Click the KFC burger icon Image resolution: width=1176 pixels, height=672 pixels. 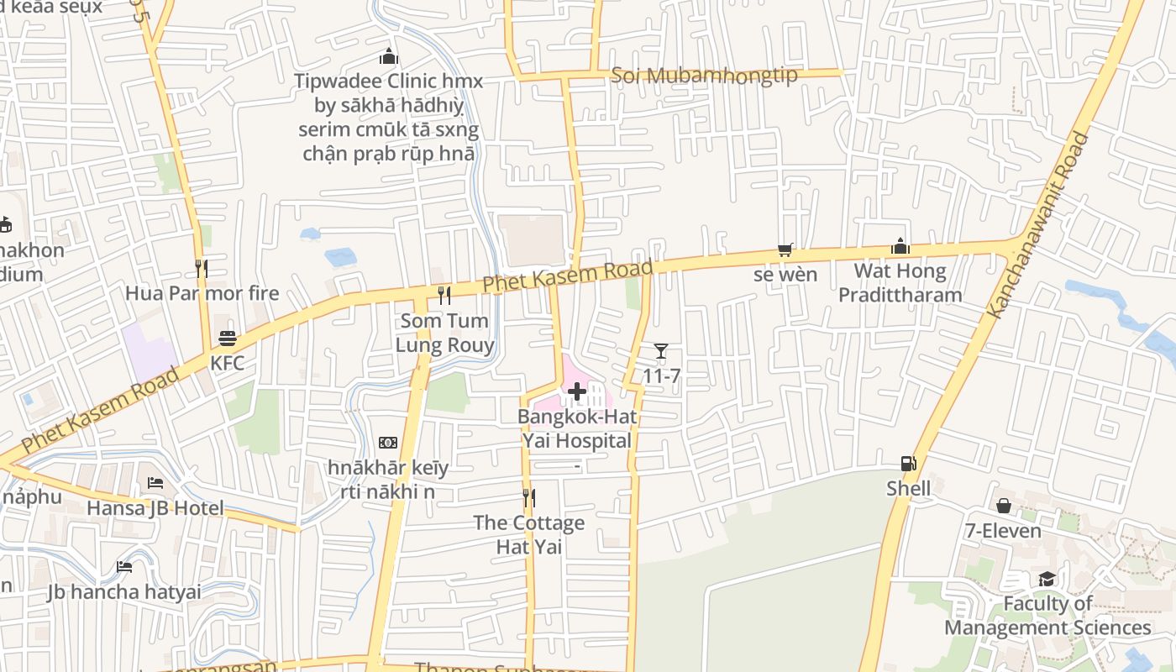point(228,339)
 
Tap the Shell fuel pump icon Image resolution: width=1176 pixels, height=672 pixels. point(908,464)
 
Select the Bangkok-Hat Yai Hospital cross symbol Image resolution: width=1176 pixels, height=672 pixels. point(577,391)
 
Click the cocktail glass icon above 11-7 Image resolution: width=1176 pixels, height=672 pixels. point(661,351)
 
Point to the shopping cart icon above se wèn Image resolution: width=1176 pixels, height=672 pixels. point(785,249)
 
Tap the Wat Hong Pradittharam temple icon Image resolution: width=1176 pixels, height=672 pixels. point(900,246)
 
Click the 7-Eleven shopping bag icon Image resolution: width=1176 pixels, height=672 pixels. point(1003,506)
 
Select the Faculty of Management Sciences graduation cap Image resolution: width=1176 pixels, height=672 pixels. point(1047,579)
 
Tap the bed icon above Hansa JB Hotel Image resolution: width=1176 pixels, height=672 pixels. point(155,483)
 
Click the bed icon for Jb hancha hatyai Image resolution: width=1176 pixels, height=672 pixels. point(124,567)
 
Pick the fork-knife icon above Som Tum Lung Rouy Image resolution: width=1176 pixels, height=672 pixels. point(444,295)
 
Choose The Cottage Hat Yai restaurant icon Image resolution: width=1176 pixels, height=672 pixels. point(528,498)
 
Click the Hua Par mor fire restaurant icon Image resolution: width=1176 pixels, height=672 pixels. point(202,268)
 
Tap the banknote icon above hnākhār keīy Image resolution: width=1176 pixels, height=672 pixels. point(388,443)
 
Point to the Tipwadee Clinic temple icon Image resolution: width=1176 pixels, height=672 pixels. point(388,56)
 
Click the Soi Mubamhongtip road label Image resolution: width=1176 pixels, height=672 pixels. point(704,75)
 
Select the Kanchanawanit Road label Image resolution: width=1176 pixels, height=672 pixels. point(1038,225)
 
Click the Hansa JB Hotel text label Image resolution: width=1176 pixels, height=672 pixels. point(155,508)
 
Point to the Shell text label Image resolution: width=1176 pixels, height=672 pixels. point(908,489)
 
